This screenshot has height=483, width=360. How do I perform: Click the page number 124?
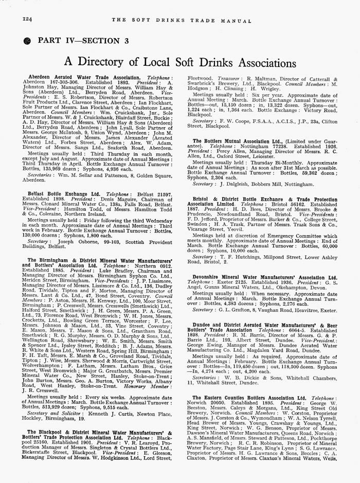tap(27, 19)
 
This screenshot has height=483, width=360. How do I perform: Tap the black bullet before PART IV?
tap(27, 40)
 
